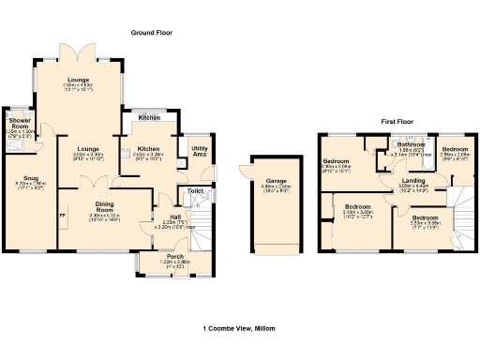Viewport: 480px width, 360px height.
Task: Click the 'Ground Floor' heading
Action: (x=152, y=32)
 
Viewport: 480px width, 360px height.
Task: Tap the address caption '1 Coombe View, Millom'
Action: (x=240, y=328)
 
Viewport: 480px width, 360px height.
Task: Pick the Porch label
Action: (x=175, y=256)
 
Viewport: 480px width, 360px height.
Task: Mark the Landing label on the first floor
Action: (x=413, y=180)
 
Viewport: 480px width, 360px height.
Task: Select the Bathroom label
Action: (x=411, y=144)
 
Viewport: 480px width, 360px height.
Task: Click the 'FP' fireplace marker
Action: (x=63, y=216)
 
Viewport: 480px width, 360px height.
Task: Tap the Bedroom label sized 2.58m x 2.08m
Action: (x=456, y=149)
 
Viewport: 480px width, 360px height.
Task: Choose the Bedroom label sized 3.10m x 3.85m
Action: (x=357, y=205)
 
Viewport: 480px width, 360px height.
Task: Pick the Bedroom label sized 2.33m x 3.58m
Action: (x=424, y=217)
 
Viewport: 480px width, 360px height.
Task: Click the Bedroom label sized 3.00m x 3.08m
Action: (x=337, y=160)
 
